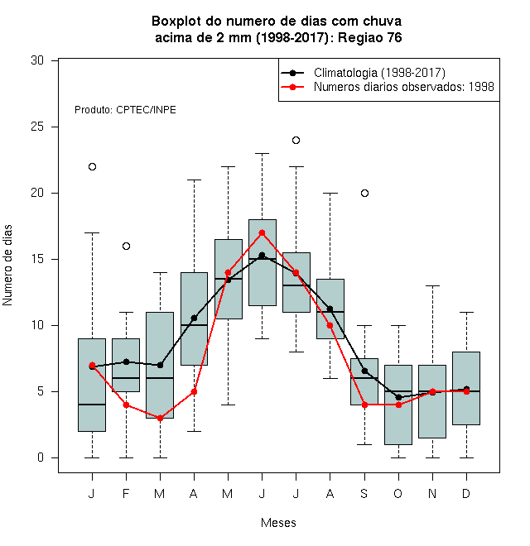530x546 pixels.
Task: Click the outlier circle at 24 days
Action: [x=296, y=141]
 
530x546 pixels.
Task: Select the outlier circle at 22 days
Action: [x=92, y=167]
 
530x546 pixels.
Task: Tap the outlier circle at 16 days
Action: [x=126, y=247]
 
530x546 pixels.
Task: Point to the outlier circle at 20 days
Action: [x=364, y=194]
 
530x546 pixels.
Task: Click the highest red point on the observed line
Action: [x=263, y=233]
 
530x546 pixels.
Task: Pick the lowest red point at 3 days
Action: [x=160, y=419]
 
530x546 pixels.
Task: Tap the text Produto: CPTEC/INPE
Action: [x=125, y=110]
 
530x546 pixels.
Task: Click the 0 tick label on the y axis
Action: [x=41, y=457]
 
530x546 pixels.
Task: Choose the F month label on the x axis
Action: [x=126, y=493]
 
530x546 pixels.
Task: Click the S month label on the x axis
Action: [x=364, y=493]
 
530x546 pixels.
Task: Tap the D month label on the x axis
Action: [x=466, y=493]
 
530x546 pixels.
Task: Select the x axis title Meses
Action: [x=278, y=523]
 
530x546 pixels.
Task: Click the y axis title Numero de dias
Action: [x=7, y=266]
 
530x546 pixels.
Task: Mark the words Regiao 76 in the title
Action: [x=370, y=37]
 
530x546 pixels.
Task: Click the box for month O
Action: [x=398, y=405]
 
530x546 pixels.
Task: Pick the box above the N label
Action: [x=432, y=401]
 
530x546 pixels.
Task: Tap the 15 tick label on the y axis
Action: [x=37, y=259]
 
